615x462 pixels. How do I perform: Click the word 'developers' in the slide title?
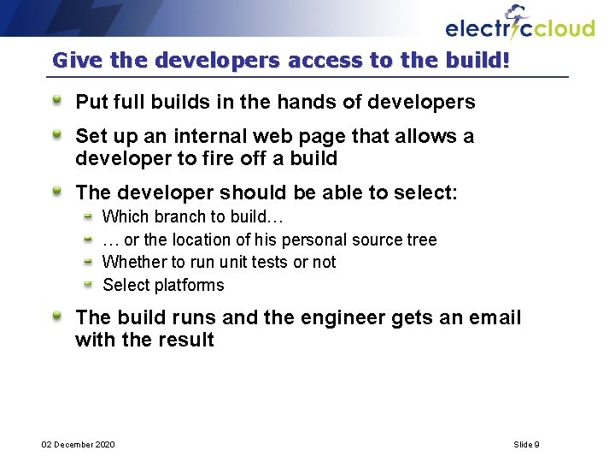point(199,61)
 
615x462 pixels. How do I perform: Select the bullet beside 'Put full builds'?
point(56,102)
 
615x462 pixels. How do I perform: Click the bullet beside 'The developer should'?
point(56,192)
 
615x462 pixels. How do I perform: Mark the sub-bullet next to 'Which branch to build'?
point(88,217)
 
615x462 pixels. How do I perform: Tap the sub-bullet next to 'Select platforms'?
point(88,285)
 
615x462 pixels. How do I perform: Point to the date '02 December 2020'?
point(79,444)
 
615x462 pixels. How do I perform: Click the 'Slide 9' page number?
point(526,444)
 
